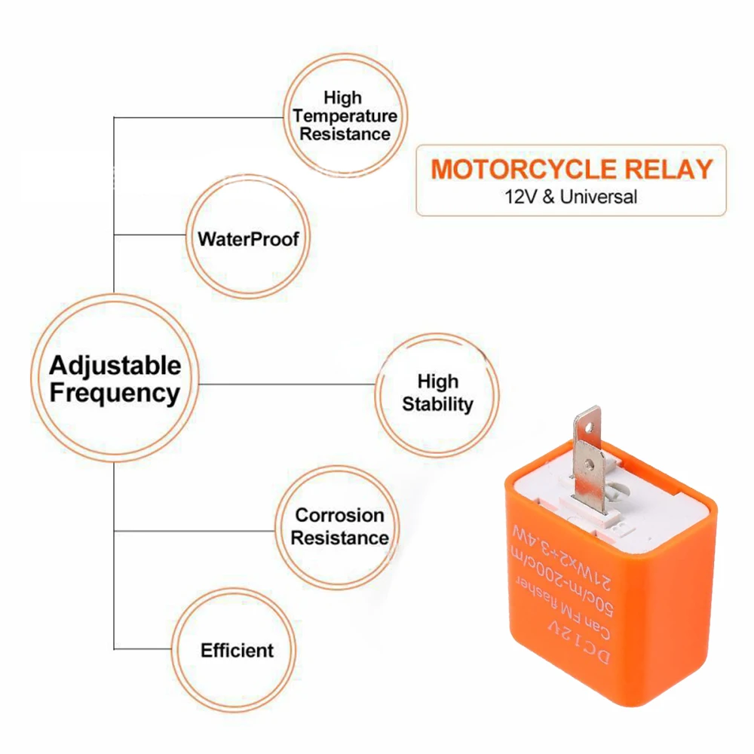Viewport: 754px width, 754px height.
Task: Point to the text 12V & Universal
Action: click(571, 197)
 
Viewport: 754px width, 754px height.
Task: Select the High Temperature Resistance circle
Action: click(345, 116)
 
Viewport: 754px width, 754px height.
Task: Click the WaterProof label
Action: click(248, 240)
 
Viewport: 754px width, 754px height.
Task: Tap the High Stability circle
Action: click(437, 393)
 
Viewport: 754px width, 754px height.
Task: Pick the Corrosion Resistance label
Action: click(340, 526)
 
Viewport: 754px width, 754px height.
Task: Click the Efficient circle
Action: click(237, 650)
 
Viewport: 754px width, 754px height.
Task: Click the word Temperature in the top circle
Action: click(345, 116)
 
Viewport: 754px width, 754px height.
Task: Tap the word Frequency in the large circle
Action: click(115, 393)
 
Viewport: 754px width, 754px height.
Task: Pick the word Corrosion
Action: click(340, 516)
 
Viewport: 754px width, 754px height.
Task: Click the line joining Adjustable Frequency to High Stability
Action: click(287, 384)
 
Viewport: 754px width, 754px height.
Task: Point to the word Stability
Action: click(437, 403)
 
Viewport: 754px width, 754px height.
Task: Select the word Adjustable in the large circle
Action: click(115, 366)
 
